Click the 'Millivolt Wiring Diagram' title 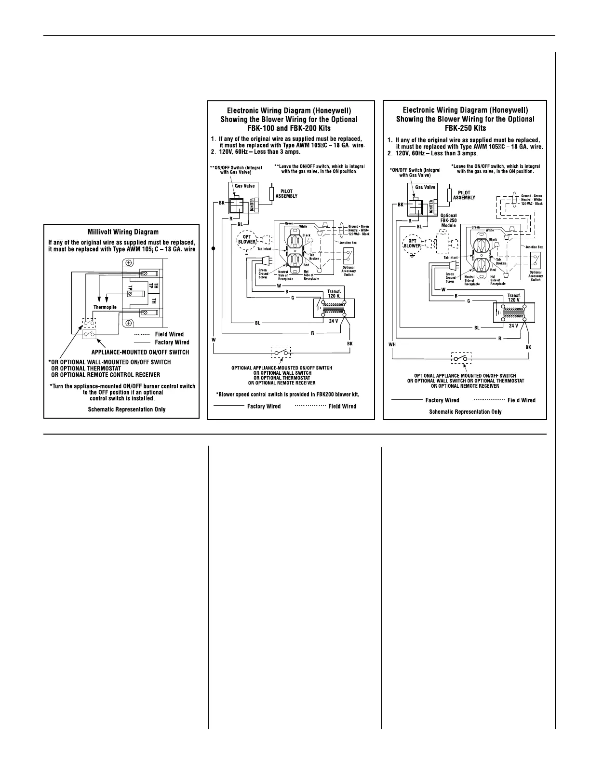(x=121, y=232)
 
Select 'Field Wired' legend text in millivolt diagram (x=169, y=334)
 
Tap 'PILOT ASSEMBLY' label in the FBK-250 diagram (x=464, y=195)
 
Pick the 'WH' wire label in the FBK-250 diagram (x=391, y=344)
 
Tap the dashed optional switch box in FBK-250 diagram (x=462, y=358)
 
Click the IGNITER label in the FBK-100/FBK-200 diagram (x=252, y=205)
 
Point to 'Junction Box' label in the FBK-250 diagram (x=534, y=247)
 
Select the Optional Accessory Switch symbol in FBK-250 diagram (x=535, y=261)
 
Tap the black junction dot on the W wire (x=213, y=249)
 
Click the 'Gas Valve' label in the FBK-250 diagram (x=425, y=187)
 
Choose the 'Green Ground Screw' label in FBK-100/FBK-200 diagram (x=263, y=273)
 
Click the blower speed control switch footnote (x=288, y=394)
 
